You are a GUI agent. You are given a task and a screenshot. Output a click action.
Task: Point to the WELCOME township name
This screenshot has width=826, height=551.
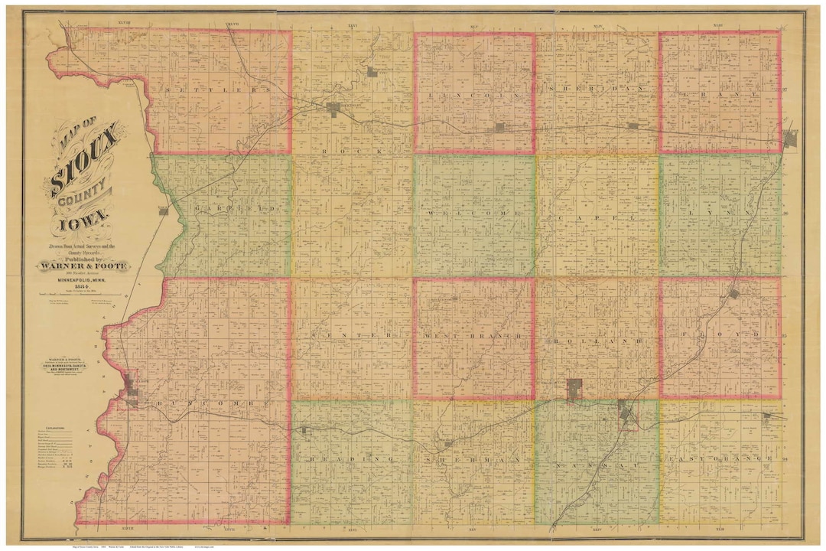click(474, 213)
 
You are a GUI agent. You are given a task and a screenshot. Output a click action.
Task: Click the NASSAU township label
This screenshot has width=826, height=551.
click(597, 465)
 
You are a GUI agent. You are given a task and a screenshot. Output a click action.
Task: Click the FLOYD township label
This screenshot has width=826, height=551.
click(719, 334)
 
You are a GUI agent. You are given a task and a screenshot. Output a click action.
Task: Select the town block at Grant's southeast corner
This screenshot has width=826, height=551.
click(790, 138)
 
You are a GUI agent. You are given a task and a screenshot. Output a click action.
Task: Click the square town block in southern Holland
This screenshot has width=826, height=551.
click(574, 390)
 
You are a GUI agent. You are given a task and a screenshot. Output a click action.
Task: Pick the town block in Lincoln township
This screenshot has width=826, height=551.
click(499, 127)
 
